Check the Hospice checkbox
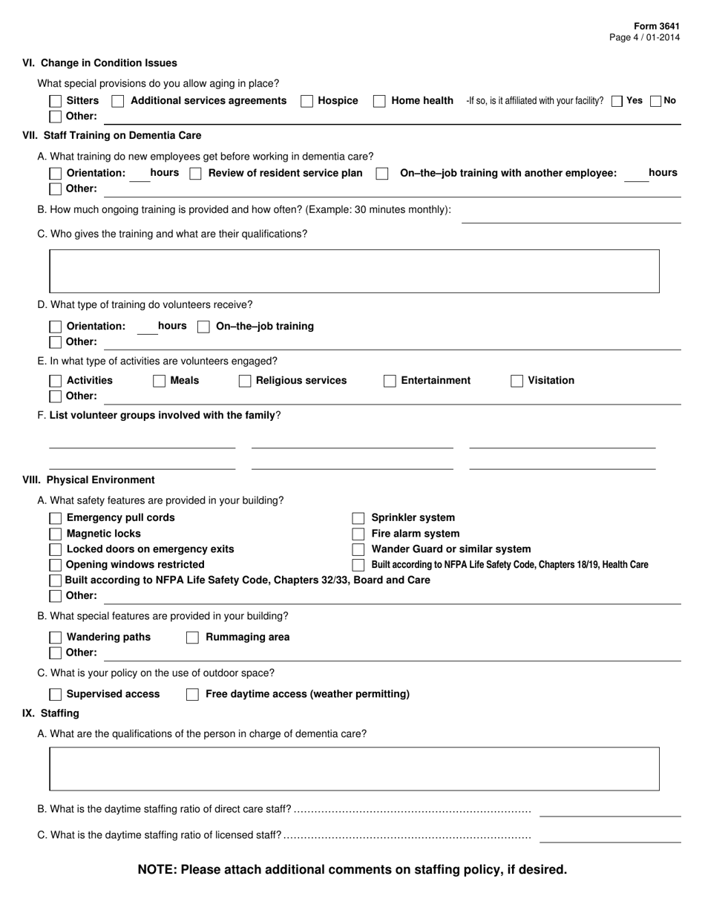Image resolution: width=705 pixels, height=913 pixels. click(x=306, y=101)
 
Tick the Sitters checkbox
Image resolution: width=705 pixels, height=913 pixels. click(x=56, y=101)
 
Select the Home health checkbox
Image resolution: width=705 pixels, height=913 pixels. click(x=379, y=101)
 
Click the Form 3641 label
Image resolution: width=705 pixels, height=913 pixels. click(x=656, y=26)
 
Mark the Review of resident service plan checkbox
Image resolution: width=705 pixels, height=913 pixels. click(x=196, y=174)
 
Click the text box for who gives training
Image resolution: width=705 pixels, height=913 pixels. click(x=354, y=271)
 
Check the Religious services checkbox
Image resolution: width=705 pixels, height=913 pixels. click(x=245, y=381)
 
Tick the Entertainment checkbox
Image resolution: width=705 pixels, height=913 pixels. click(x=390, y=381)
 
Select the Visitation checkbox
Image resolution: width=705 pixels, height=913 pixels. click(x=517, y=381)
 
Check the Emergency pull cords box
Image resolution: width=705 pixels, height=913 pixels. click(x=56, y=518)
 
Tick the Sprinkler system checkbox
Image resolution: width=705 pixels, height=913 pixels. click(x=358, y=518)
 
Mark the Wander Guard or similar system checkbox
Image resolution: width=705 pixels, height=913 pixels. click(x=358, y=549)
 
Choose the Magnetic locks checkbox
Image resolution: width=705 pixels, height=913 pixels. click(x=56, y=534)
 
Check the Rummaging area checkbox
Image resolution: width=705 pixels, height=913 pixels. click(x=192, y=638)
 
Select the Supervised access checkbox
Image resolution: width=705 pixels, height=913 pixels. click(x=56, y=695)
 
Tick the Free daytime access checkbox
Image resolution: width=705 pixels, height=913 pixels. click(x=192, y=695)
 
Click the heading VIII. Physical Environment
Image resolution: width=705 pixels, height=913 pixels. click(x=89, y=480)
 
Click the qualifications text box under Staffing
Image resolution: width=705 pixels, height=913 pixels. click(x=354, y=768)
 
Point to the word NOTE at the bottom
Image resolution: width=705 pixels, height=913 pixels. click(x=157, y=869)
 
